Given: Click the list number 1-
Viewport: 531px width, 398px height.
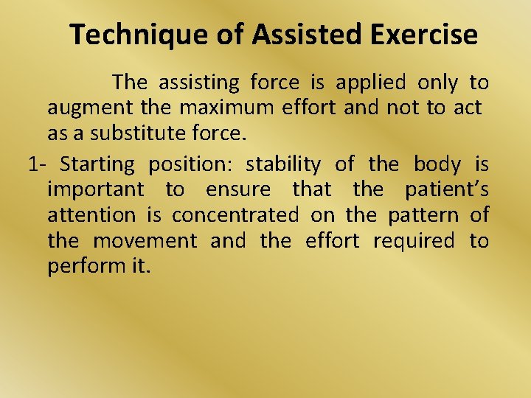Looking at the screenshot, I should (x=39, y=163).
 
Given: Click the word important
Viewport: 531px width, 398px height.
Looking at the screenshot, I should (x=96, y=189).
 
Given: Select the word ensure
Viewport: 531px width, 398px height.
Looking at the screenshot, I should (x=238, y=189).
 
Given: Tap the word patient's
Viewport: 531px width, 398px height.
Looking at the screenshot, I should (x=447, y=189).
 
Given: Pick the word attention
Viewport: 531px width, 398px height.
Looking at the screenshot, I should (x=91, y=215).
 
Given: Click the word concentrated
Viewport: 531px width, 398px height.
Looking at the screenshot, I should (x=235, y=215).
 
